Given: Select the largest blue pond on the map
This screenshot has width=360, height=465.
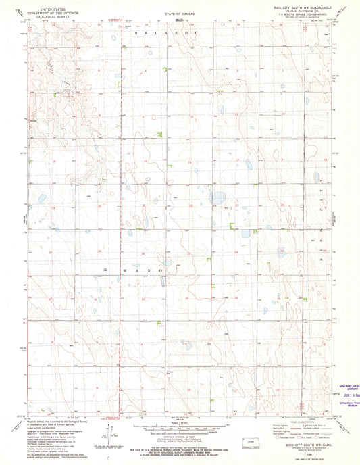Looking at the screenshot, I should coord(217,198).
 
